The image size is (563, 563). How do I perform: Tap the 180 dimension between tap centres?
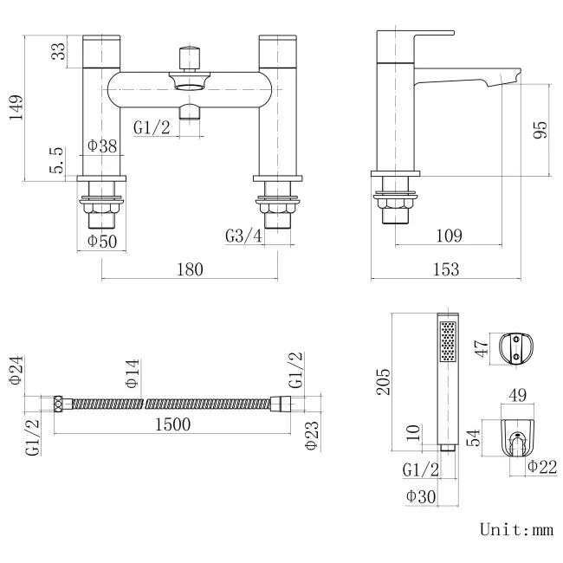click(x=191, y=269)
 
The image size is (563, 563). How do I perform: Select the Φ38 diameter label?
click(x=102, y=146)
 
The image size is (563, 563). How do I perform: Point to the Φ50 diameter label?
click(x=102, y=241)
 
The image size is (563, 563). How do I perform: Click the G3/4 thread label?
click(x=243, y=236)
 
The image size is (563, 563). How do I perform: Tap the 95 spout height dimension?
click(x=540, y=130)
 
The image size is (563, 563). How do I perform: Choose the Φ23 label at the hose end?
click(x=312, y=438)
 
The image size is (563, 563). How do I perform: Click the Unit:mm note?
click(x=515, y=528)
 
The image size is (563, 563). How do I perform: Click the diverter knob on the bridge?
click(x=189, y=60)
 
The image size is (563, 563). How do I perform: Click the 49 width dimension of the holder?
click(x=518, y=396)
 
